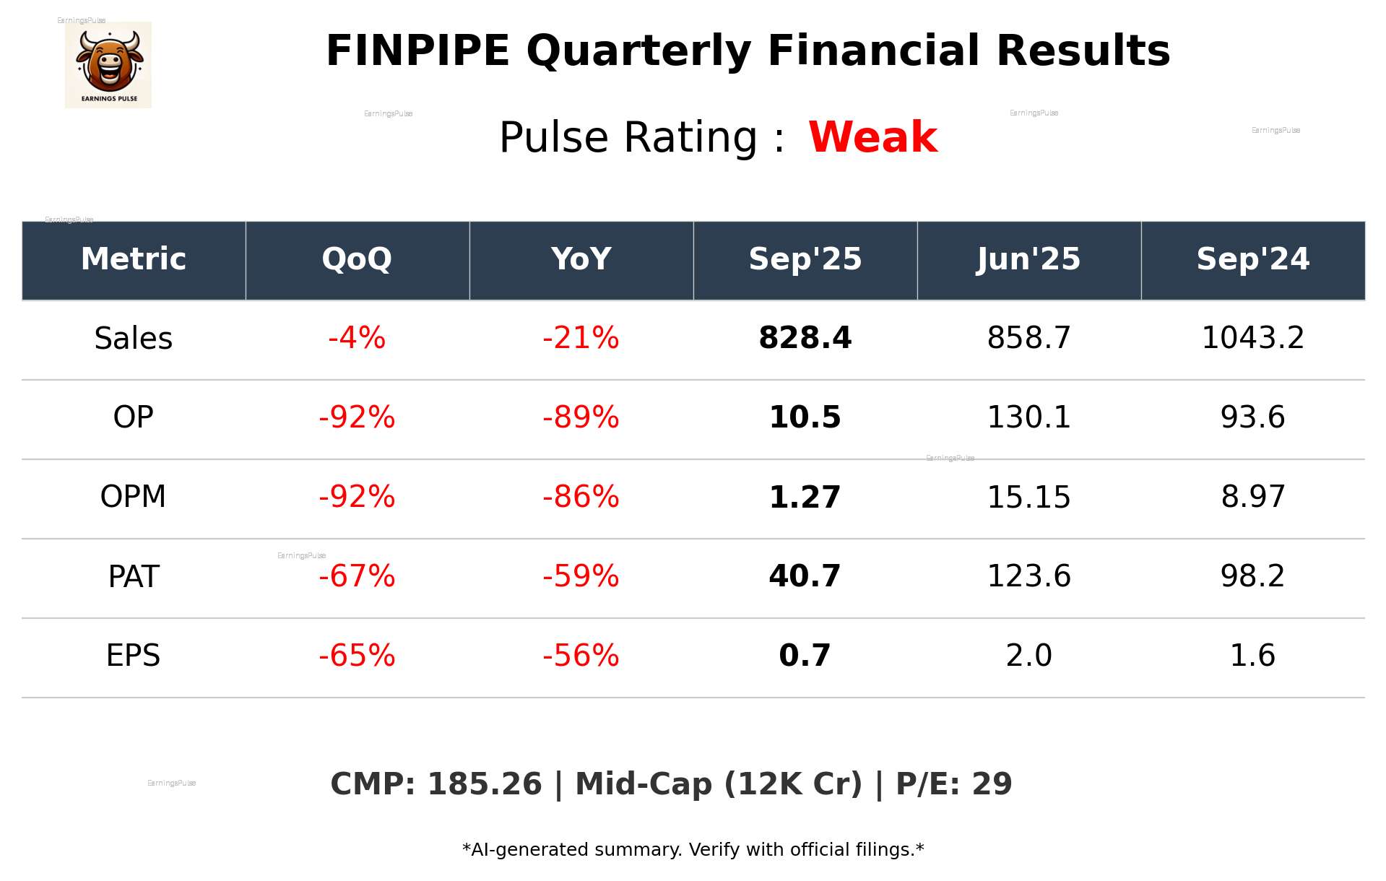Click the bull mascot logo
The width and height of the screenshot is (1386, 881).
[x=108, y=65]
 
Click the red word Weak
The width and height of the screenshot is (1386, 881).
[x=872, y=137]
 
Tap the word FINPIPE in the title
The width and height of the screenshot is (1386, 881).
[x=417, y=51]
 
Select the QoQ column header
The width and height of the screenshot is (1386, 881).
[x=357, y=259]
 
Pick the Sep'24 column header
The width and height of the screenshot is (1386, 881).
[x=1252, y=259]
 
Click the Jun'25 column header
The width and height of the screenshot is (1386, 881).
[x=1028, y=259]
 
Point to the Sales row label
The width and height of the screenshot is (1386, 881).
[x=134, y=338]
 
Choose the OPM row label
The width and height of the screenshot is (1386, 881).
[x=134, y=497]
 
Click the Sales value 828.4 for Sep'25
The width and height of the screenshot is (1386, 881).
[x=805, y=338]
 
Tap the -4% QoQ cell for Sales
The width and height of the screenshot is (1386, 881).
[x=357, y=338]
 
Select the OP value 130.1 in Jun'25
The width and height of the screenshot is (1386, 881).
[x=1028, y=417]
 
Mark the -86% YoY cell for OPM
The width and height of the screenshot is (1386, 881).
[x=581, y=497]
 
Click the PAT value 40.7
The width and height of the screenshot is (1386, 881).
[x=805, y=576]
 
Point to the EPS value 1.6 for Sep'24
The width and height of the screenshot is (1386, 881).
[x=1252, y=656]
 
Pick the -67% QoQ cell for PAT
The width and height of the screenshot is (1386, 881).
[x=357, y=576]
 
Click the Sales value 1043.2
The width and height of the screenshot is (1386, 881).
[x=1252, y=338]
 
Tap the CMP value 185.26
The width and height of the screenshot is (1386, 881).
[x=484, y=784]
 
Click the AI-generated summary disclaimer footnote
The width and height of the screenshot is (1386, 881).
[x=693, y=850]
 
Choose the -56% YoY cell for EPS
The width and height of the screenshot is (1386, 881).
[x=581, y=656]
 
